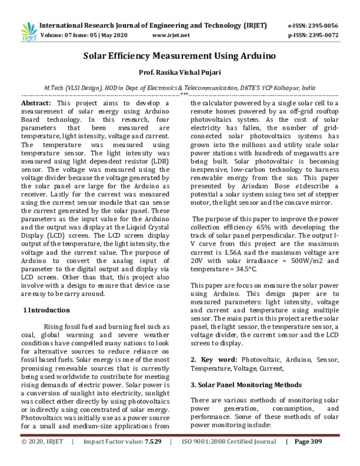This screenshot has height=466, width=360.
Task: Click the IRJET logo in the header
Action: pos(28,30)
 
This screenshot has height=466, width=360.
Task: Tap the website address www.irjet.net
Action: pos(171,35)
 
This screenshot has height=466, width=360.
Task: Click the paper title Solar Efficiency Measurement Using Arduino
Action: pos(179,57)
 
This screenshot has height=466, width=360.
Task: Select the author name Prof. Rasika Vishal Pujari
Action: pos(179,74)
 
